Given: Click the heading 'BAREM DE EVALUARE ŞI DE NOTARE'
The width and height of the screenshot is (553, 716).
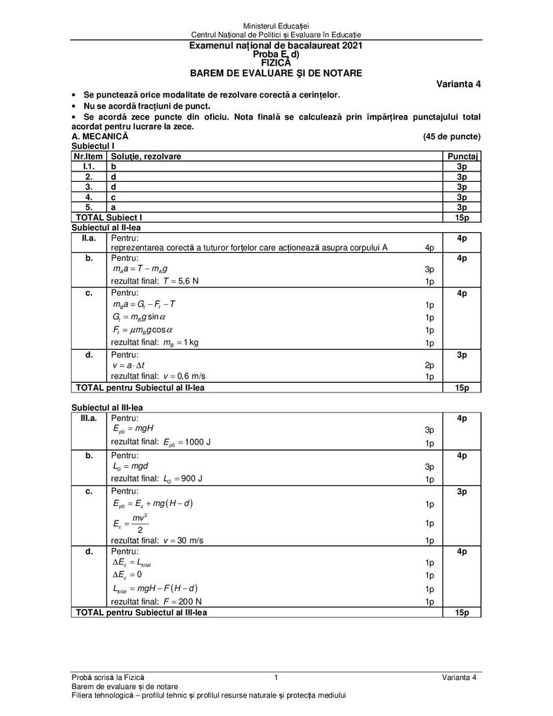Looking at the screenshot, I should click(276, 73).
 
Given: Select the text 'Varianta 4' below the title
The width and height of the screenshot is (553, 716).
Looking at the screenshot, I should click(458, 84).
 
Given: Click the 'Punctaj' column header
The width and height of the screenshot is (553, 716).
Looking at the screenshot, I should click(463, 157).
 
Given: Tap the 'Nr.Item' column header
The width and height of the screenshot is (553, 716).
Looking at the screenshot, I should click(88, 157).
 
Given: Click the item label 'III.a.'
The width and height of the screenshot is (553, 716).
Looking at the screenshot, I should click(88, 418).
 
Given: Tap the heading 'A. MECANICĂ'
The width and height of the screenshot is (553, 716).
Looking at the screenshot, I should click(100, 137).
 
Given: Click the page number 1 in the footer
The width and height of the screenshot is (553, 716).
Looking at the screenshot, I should click(276, 677).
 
